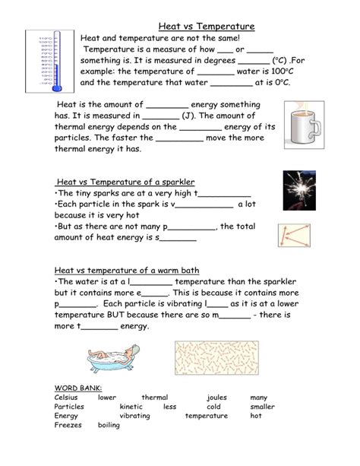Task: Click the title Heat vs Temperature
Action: tap(207, 26)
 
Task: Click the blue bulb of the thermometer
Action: tap(57, 88)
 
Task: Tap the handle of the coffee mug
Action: tap(316, 128)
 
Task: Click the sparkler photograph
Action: tap(299, 191)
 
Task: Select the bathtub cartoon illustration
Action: tap(114, 358)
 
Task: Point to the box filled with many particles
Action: tap(216, 358)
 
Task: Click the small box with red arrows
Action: tap(295, 236)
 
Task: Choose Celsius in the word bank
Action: tap(66, 398)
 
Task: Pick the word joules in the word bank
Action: tap(216, 398)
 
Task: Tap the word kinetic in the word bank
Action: tap(131, 407)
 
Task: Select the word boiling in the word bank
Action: tap(109, 425)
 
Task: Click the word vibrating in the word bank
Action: tap(135, 416)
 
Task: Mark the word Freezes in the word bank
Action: tap(68, 425)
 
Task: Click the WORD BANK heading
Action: tap(78, 388)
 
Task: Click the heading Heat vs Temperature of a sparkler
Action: tap(125, 182)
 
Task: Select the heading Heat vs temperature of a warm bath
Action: tap(127, 271)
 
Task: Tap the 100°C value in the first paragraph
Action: tap(283, 71)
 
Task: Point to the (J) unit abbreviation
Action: tap(188, 116)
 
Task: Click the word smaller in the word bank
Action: tap(262, 407)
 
